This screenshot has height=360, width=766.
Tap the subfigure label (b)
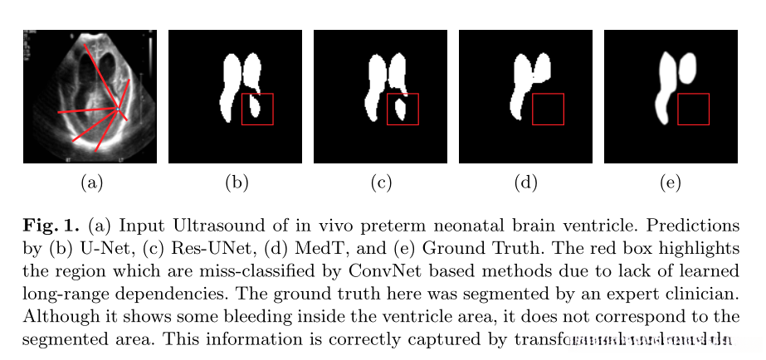pos(236,182)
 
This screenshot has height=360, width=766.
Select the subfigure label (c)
pos(380,182)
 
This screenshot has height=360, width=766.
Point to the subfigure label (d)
pos(525,182)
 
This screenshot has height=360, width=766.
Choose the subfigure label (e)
pos(670,182)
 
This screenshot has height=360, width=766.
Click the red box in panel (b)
pos(257,109)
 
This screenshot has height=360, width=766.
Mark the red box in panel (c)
pos(403,109)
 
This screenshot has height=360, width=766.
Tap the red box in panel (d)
pos(548,109)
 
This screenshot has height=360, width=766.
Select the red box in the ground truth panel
pos(693,109)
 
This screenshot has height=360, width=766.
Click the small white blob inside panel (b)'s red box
pos(256,109)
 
